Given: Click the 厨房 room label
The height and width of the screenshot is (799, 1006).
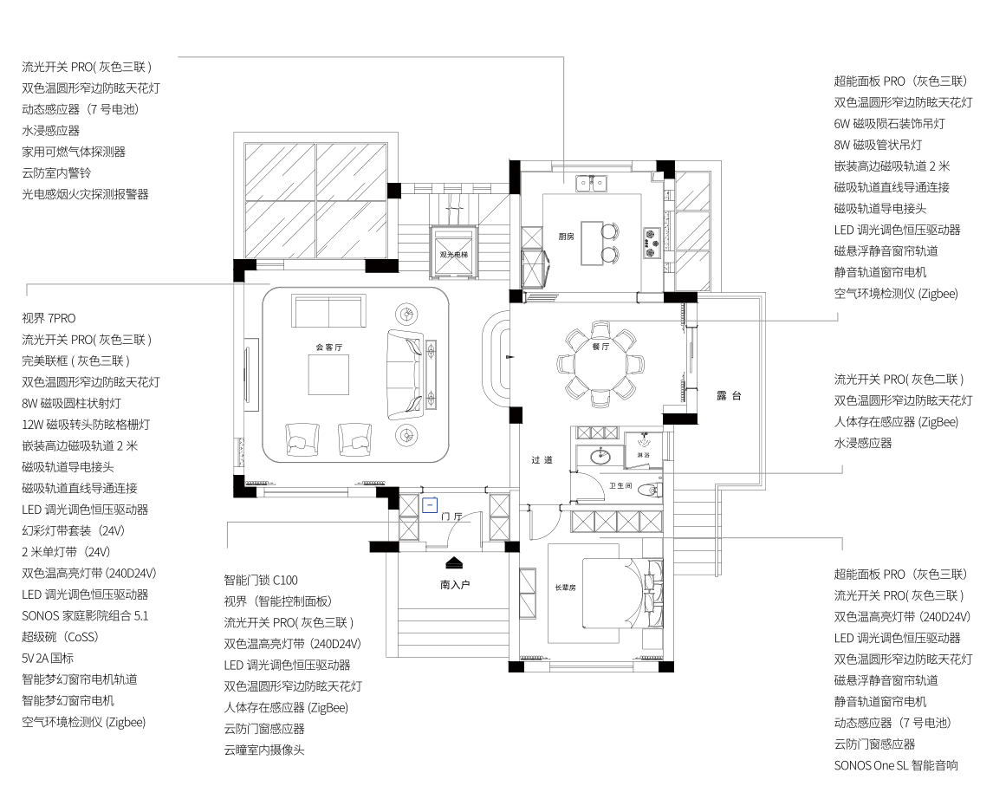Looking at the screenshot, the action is [566, 237].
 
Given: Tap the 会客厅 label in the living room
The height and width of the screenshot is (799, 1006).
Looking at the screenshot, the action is [329, 348].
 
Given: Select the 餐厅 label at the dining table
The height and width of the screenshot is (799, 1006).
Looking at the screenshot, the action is [600, 347].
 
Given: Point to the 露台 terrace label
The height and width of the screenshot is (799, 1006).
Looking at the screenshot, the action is [729, 396].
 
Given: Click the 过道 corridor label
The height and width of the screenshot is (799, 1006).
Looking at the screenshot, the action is [542, 459].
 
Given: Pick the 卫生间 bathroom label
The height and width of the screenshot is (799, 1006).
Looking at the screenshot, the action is [620, 486].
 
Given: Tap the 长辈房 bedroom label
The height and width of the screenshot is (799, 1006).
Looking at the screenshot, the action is [565, 588].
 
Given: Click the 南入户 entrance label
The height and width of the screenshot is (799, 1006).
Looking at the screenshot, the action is [455, 585].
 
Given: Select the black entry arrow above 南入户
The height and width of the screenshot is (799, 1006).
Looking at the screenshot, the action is [454, 562].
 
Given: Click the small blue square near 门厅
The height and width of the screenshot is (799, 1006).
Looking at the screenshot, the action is [430, 505].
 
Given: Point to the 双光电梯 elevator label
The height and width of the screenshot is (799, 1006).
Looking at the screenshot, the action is [453, 255].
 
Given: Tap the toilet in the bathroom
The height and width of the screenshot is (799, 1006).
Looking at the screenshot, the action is [651, 491].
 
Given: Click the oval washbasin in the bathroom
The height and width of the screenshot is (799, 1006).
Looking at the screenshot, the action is [600, 457].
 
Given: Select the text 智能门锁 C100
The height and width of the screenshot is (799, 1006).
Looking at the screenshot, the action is [261, 580].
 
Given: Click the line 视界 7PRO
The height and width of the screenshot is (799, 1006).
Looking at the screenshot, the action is [49, 318].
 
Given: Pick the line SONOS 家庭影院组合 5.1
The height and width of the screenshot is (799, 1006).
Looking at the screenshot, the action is [85, 616].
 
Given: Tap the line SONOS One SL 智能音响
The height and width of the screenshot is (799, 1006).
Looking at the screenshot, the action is [896, 765].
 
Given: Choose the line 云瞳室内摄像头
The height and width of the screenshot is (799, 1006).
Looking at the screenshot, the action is [264, 750].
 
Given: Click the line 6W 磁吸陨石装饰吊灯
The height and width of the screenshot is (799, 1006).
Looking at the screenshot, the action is [889, 123].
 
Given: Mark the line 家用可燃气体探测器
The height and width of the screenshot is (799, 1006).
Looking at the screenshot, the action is [74, 152].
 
